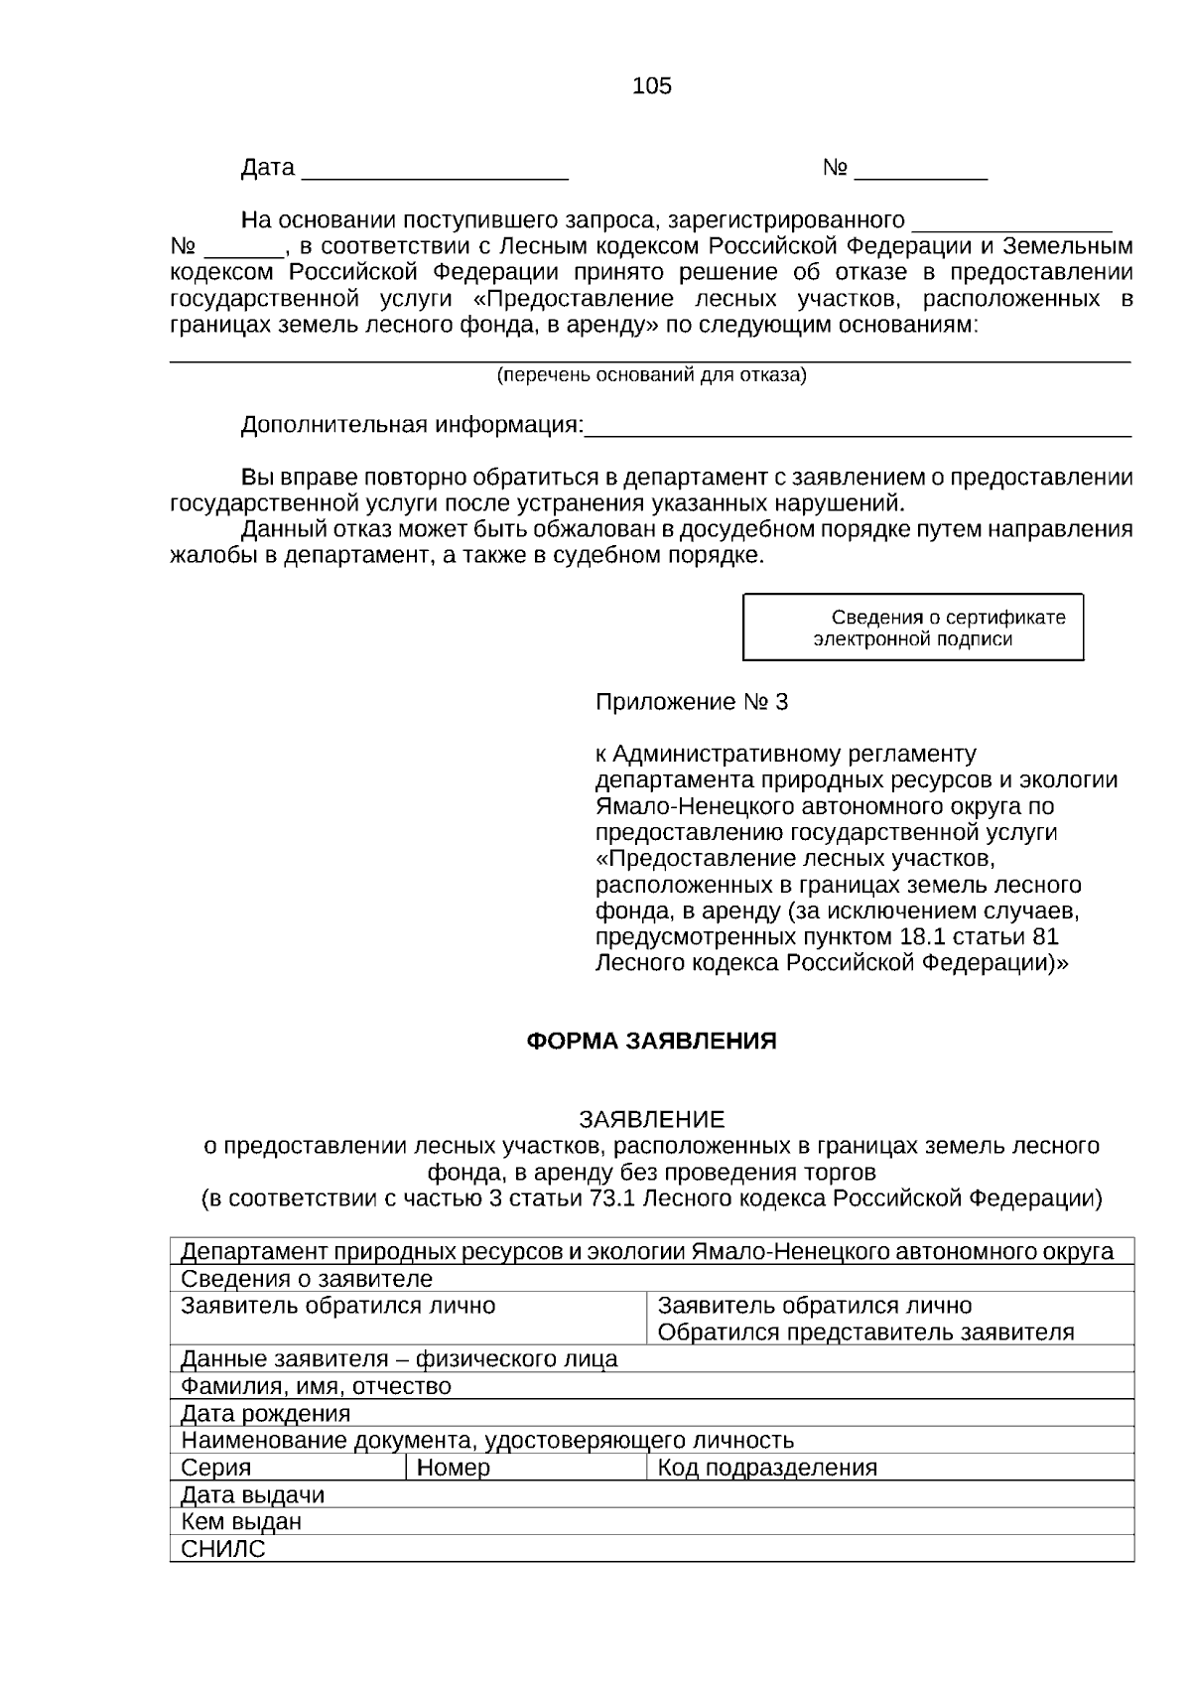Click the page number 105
coord(652,86)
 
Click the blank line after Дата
coord(434,170)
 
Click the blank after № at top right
coord(920,170)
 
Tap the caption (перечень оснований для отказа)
coord(651,375)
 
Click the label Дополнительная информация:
coord(412,426)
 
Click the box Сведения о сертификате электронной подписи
coord(913,628)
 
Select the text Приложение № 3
coord(691,703)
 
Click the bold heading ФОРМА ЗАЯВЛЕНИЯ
coord(650,1042)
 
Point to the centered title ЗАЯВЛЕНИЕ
coord(652,1120)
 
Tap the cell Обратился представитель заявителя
coord(865,1333)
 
